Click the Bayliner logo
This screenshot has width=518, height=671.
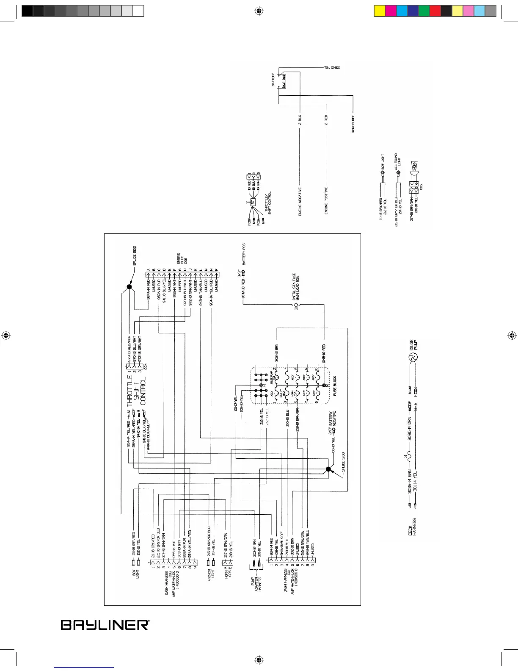click(105, 625)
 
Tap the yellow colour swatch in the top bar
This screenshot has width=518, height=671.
click(380, 11)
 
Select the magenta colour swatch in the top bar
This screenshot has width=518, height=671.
click(391, 11)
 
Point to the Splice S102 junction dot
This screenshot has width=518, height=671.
click(129, 287)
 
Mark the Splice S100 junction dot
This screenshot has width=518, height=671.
click(328, 469)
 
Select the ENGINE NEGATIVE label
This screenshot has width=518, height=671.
click(300, 202)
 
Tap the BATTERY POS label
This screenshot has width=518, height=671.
click(244, 254)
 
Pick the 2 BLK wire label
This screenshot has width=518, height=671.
click(300, 119)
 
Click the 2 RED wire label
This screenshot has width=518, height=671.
click(326, 119)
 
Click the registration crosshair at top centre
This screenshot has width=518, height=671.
click(259, 11)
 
